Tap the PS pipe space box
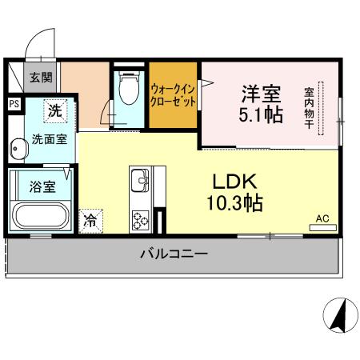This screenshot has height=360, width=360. [14, 103]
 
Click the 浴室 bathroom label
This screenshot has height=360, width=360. [42, 187]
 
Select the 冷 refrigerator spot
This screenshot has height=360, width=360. [92, 220]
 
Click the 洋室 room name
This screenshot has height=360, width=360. [259, 90]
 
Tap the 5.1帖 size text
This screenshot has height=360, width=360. [261, 115]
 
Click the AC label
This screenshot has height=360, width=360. [322, 217]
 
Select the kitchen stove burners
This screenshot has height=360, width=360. [140, 217]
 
